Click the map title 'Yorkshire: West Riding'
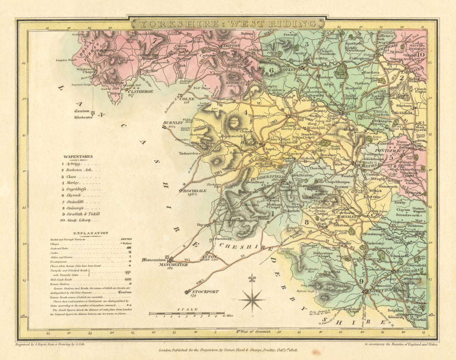227,23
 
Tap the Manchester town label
173,264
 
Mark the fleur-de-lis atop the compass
251,278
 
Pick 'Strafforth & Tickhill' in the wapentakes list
83,213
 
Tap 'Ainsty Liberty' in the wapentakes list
80,220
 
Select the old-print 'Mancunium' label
154,260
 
